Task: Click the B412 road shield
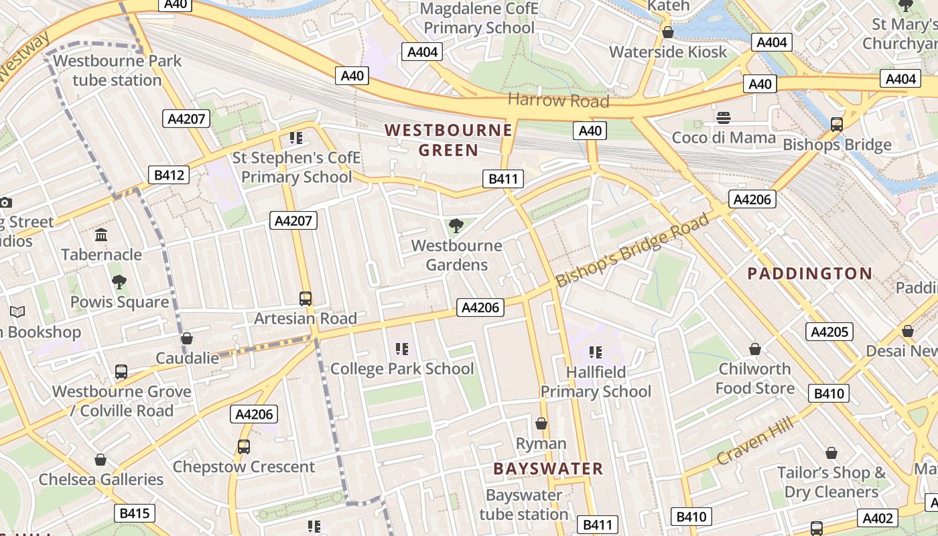pos(169,176)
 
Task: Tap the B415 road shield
pos(133,514)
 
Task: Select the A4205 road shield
pos(829,332)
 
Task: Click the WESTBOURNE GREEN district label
pos(448,140)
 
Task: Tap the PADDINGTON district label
pos(809,273)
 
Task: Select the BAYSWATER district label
pos(548,468)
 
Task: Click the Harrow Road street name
pos(558,101)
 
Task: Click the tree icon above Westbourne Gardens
pos(456,226)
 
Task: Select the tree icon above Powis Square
pos(119,282)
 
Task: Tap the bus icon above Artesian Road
pos(306,298)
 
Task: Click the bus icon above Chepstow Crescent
pos(244,446)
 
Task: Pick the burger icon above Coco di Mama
pos(724,119)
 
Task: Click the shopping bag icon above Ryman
pos(541,423)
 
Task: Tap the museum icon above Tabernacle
pos(102,234)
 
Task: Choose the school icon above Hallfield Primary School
pos(595,352)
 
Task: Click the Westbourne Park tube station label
pos(117,70)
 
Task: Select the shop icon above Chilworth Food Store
pos(755,349)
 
